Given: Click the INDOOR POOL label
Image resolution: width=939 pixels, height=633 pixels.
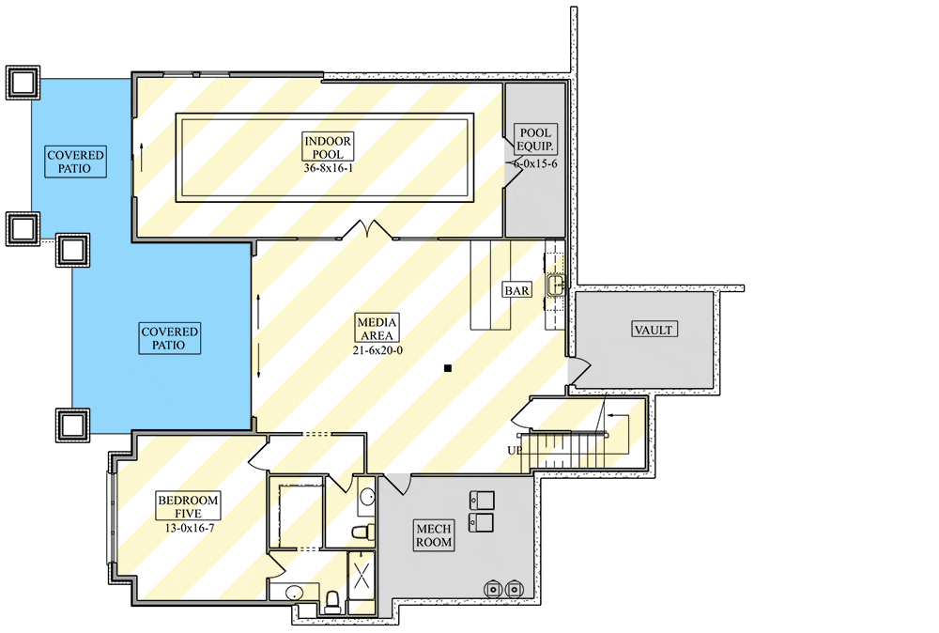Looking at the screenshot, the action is (328, 147).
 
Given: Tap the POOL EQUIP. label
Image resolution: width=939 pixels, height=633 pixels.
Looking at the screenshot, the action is (535, 140).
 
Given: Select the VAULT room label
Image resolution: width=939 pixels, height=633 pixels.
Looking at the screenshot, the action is (654, 330).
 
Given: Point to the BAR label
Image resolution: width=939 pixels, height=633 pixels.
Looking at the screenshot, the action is (516, 290).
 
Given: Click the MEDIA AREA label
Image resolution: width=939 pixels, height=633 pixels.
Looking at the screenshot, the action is (377, 329).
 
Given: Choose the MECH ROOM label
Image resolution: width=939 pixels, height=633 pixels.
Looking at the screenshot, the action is (434, 535).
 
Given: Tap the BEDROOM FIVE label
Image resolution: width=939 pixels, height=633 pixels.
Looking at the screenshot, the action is (188, 506).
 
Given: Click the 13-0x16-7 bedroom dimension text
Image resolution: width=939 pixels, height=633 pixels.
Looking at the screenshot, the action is (190, 528).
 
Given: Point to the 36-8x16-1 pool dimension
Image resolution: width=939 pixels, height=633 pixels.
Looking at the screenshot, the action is (328, 168).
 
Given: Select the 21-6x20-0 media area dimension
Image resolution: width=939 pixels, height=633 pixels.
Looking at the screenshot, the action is (377, 350).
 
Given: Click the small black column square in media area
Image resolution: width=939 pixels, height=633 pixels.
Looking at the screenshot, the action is (447, 368).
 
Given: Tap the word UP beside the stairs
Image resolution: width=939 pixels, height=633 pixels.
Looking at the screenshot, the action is (515, 450).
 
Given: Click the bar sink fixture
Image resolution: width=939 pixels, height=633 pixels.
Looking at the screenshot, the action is (556, 284).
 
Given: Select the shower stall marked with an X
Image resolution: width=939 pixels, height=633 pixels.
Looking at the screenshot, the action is (362, 576).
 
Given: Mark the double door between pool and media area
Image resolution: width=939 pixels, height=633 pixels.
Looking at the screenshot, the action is (368, 230).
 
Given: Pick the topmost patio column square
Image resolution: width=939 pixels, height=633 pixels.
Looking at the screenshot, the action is (23, 83).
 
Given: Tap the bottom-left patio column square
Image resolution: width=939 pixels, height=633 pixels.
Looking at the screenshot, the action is (72, 425).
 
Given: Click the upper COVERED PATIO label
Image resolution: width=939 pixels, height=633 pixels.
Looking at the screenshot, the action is (76, 162).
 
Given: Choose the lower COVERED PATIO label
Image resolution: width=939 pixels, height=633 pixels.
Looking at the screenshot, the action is (169, 338).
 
